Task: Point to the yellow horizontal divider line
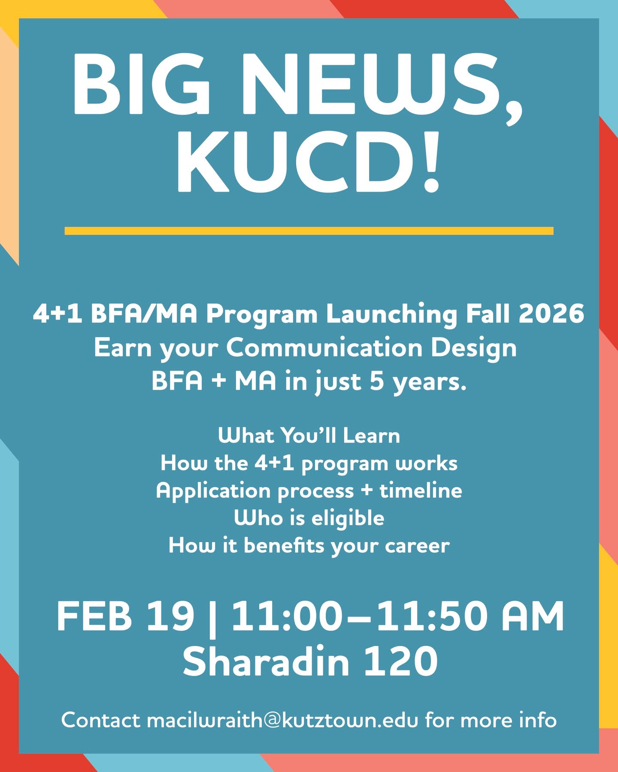coord(309,231)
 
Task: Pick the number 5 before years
coord(376,381)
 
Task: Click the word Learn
coord(371,436)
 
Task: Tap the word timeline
coord(421,490)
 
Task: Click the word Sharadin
coord(266,661)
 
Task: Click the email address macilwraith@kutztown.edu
coord(282,720)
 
